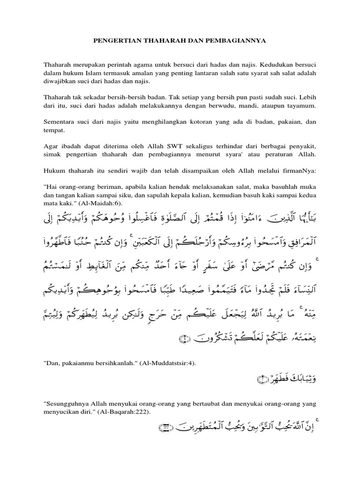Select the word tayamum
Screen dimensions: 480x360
point(301,106)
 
